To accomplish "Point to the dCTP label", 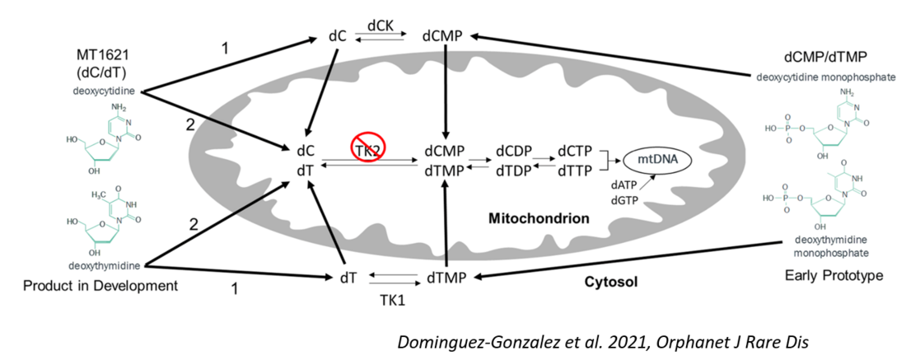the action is tap(575, 152).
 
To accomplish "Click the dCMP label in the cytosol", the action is tap(442, 35).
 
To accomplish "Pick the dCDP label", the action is tap(514, 152).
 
